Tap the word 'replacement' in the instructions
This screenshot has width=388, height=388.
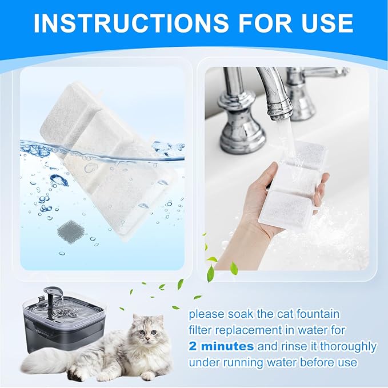(244, 330)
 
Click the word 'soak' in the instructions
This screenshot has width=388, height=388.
(235, 314)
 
